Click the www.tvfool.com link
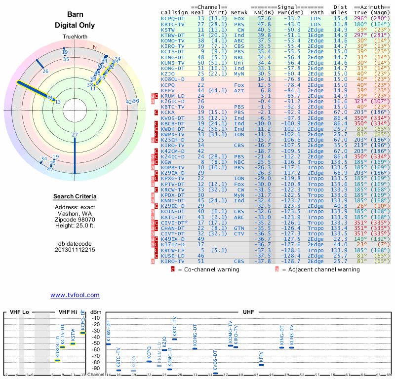click(75, 295)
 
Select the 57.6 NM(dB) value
click(264, 18)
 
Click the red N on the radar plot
click(94, 47)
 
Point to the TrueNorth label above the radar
click(75, 37)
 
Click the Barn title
click(75, 14)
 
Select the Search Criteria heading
click(75, 197)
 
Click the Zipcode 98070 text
click(75, 220)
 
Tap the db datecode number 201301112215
click(75, 250)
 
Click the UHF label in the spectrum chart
click(248, 312)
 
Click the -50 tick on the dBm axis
click(97, 343)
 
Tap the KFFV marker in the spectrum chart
click(261, 365)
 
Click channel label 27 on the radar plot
click(75, 135)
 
